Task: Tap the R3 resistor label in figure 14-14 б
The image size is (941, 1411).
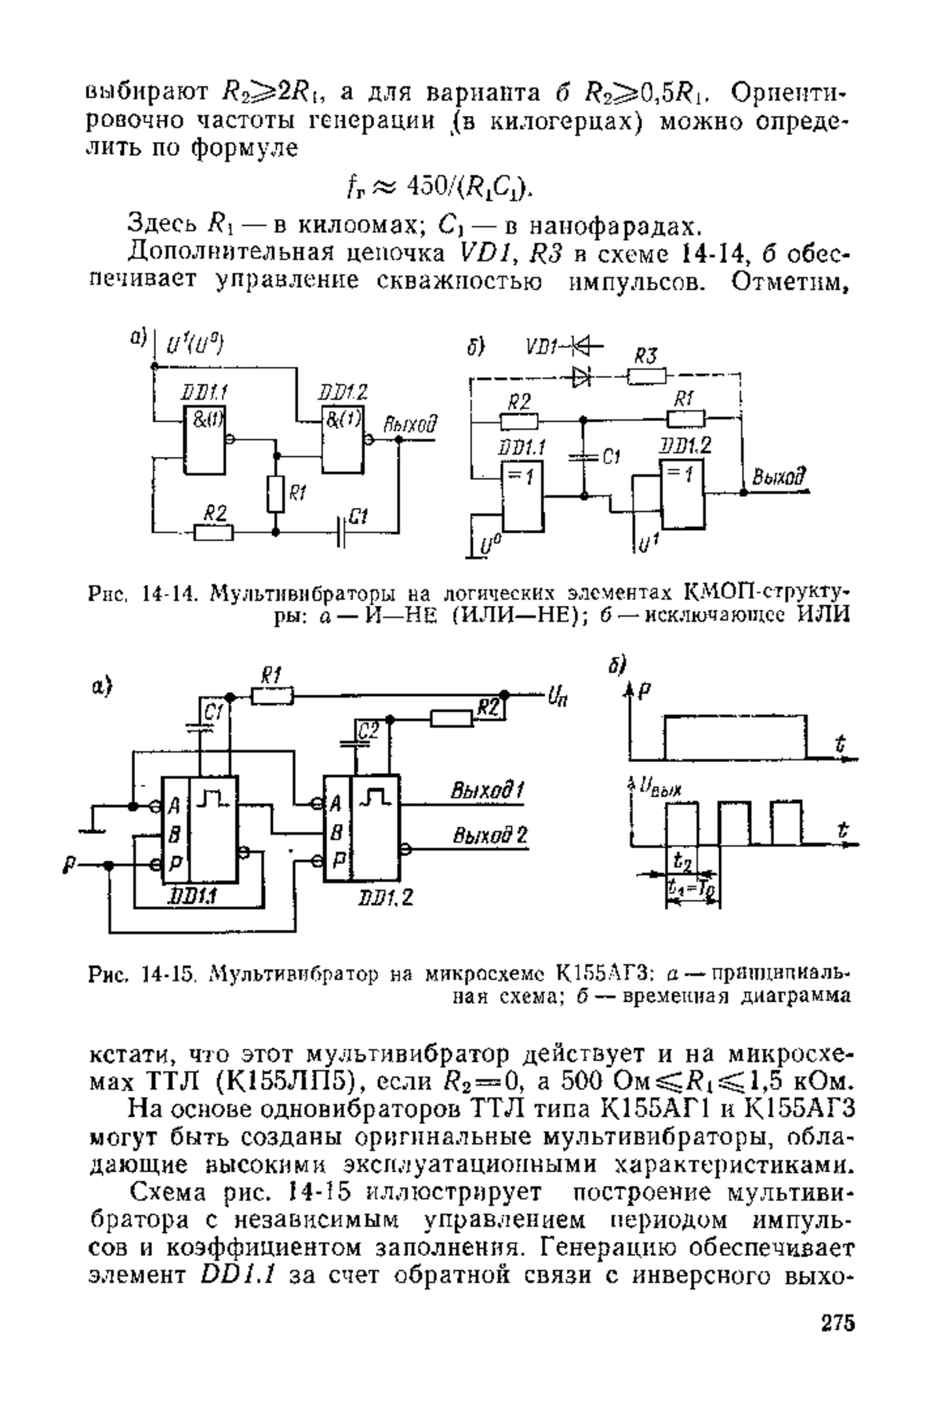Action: point(645,356)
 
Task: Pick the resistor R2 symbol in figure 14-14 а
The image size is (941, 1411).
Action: point(214,532)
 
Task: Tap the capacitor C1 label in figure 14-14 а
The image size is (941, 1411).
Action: point(358,515)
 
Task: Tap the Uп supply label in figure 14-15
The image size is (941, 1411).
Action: point(558,695)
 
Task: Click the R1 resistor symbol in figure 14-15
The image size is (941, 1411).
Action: point(273,695)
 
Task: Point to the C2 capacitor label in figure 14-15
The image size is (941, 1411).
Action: point(368,731)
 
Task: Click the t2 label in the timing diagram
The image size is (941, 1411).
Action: point(681,861)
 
